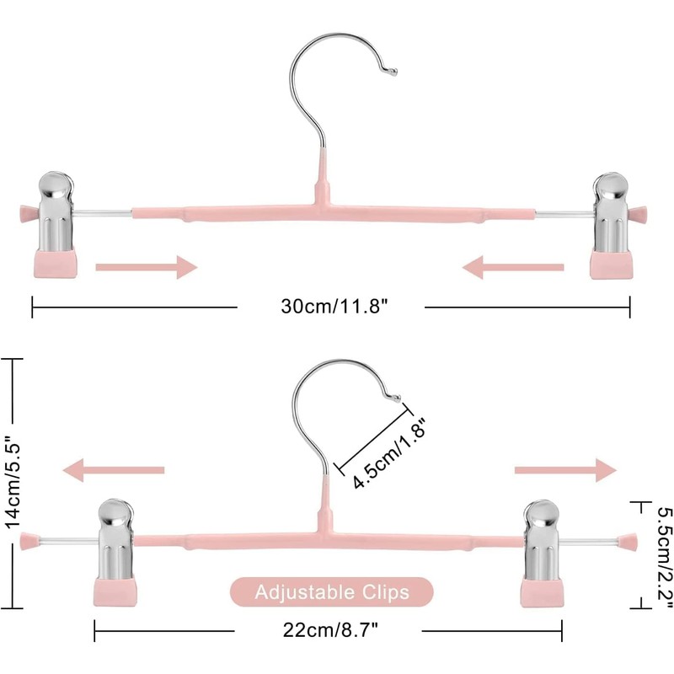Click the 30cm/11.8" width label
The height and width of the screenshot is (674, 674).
(x=334, y=307)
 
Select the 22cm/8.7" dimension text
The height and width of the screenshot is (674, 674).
(x=330, y=630)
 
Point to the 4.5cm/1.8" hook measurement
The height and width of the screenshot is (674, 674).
(x=389, y=453)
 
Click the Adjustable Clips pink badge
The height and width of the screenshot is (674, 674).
(x=332, y=592)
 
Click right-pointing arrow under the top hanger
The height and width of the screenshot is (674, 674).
(x=146, y=267)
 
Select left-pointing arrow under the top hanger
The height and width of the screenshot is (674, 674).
(x=513, y=267)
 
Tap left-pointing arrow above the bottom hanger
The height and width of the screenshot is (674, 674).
(x=114, y=470)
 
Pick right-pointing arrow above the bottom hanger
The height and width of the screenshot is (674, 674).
(x=565, y=470)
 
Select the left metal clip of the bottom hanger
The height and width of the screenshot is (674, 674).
(x=115, y=539)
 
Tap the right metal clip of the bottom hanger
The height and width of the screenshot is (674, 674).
(x=543, y=540)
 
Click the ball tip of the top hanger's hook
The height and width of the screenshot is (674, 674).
(x=393, y=72)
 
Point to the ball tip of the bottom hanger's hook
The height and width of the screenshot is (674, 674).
(x=397, y=399)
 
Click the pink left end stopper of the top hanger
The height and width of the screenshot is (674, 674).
(x=29, y=213)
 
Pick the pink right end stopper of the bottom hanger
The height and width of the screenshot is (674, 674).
(x=628, y=542)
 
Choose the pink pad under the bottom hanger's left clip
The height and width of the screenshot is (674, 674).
(x=115, y=591)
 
